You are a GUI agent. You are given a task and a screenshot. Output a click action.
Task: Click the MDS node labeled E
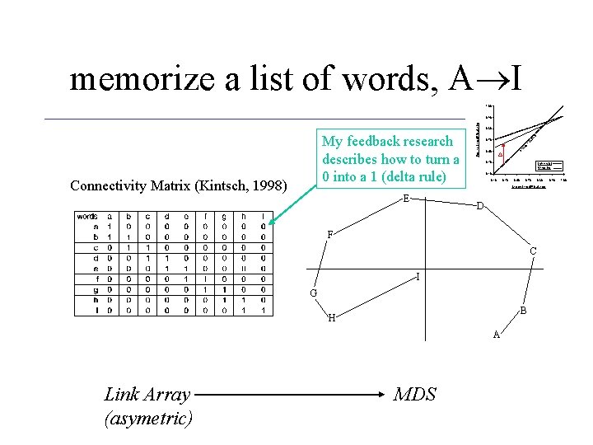pos(406,199)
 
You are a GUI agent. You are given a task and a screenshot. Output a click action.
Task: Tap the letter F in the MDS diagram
pos(329,235)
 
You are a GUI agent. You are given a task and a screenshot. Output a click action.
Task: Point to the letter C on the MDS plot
pos(534,251)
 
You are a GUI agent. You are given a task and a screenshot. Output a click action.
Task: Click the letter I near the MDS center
pos(419,277)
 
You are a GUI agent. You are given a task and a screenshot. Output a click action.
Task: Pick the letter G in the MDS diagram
pos(313,293)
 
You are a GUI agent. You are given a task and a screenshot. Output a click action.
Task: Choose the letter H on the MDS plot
pos(331,318)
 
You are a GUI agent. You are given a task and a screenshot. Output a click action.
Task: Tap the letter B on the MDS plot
pos(524,311)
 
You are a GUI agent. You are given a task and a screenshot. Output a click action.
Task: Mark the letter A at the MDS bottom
pos(497,334)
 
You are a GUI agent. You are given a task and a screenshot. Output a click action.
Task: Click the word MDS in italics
pos(415,395)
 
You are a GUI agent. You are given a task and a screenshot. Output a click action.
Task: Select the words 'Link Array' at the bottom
pos(147,395)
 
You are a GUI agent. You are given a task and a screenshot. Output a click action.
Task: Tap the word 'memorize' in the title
pos(132,79)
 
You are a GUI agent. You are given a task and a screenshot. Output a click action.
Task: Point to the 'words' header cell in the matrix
pos(87,217)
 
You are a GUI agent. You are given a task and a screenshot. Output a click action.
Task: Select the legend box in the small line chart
pos(549,166)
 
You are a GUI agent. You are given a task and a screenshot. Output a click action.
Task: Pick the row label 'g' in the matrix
pos(97,289)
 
